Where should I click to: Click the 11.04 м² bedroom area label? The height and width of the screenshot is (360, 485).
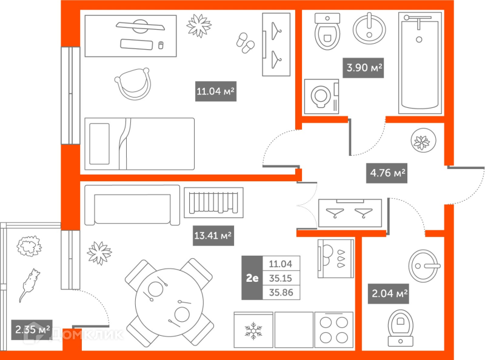pyautogui.click(x=215, y=92)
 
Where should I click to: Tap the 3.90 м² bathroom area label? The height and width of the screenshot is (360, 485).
pyautogui.click(x=364, y=68)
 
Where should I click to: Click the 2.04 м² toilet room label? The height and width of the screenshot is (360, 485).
pyautogui.click(x=389, y=295)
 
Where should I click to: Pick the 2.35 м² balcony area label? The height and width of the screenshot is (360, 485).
pyautogui.click(x=32, y=330)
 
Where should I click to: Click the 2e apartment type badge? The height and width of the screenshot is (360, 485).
pyautogui.click(x=252, y=278)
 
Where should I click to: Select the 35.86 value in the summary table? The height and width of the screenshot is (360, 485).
pyautogui.click(x=280, y=292)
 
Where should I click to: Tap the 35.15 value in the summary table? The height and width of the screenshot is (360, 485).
pyautogui.click(x=280, y=278)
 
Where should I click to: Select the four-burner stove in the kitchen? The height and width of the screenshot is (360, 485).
pyautogui.click(x=334, y=330)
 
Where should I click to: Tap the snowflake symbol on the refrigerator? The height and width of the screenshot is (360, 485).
pyautogui.click(x=252, y=331)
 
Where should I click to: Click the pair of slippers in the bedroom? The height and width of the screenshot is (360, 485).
pyautogui.click(x=244, y=44)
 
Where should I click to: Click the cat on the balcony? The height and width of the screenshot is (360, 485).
pyautogui.click(x=30, y=282)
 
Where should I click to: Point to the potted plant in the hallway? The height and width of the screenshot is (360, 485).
pyautogui.click(x=422, y=142)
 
